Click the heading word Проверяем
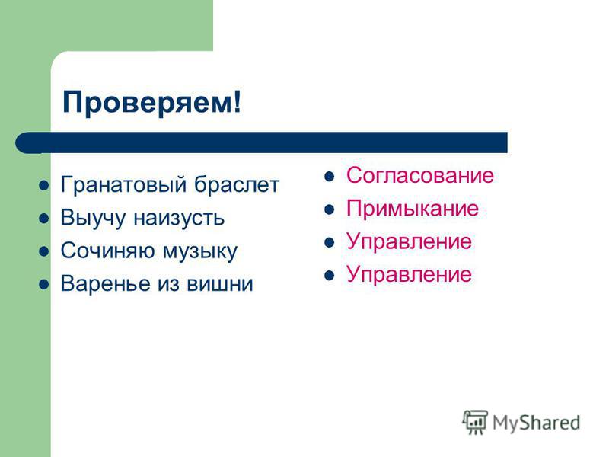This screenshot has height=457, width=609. click(148, 103)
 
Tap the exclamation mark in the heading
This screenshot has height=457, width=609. click(238, 101)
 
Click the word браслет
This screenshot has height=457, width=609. click(237, 184)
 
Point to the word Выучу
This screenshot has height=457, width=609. click(93, 218)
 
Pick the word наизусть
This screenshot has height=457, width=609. click(179, 218)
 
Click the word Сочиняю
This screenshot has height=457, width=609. click(107, 251)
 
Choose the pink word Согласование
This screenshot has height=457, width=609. click(420, 175)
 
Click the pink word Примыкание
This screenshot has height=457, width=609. click(413, 208)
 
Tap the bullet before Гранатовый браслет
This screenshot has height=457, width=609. click(44, 185)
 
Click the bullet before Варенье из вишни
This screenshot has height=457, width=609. click(44, 284)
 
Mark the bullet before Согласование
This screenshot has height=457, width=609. click(330, 177)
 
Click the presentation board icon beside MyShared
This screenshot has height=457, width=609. click(474, 422)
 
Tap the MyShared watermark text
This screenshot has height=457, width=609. click(536, 423)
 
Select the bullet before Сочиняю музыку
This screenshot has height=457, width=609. click(44, 251)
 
